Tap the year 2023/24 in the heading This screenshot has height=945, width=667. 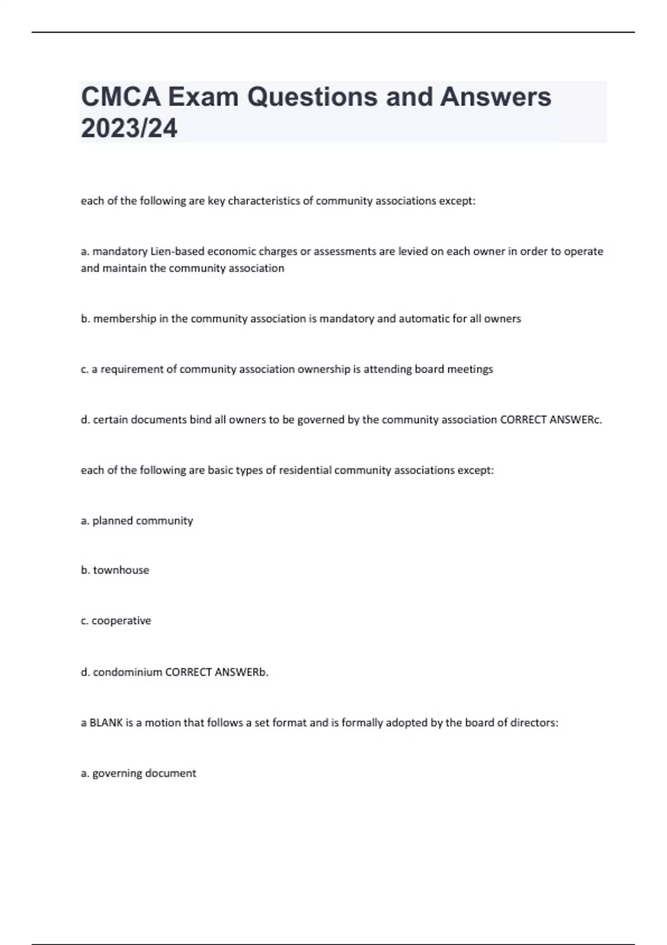click(129, 129)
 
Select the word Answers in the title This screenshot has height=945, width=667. click(496, 97)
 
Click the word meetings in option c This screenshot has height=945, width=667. click(470, 369)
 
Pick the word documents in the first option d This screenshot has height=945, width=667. click(161, 420)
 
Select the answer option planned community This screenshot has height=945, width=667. click(142, 521)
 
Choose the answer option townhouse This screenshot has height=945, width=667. click(121, 570)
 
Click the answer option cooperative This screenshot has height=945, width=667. click(121, 621)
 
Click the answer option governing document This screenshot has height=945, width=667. click(144, 773)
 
